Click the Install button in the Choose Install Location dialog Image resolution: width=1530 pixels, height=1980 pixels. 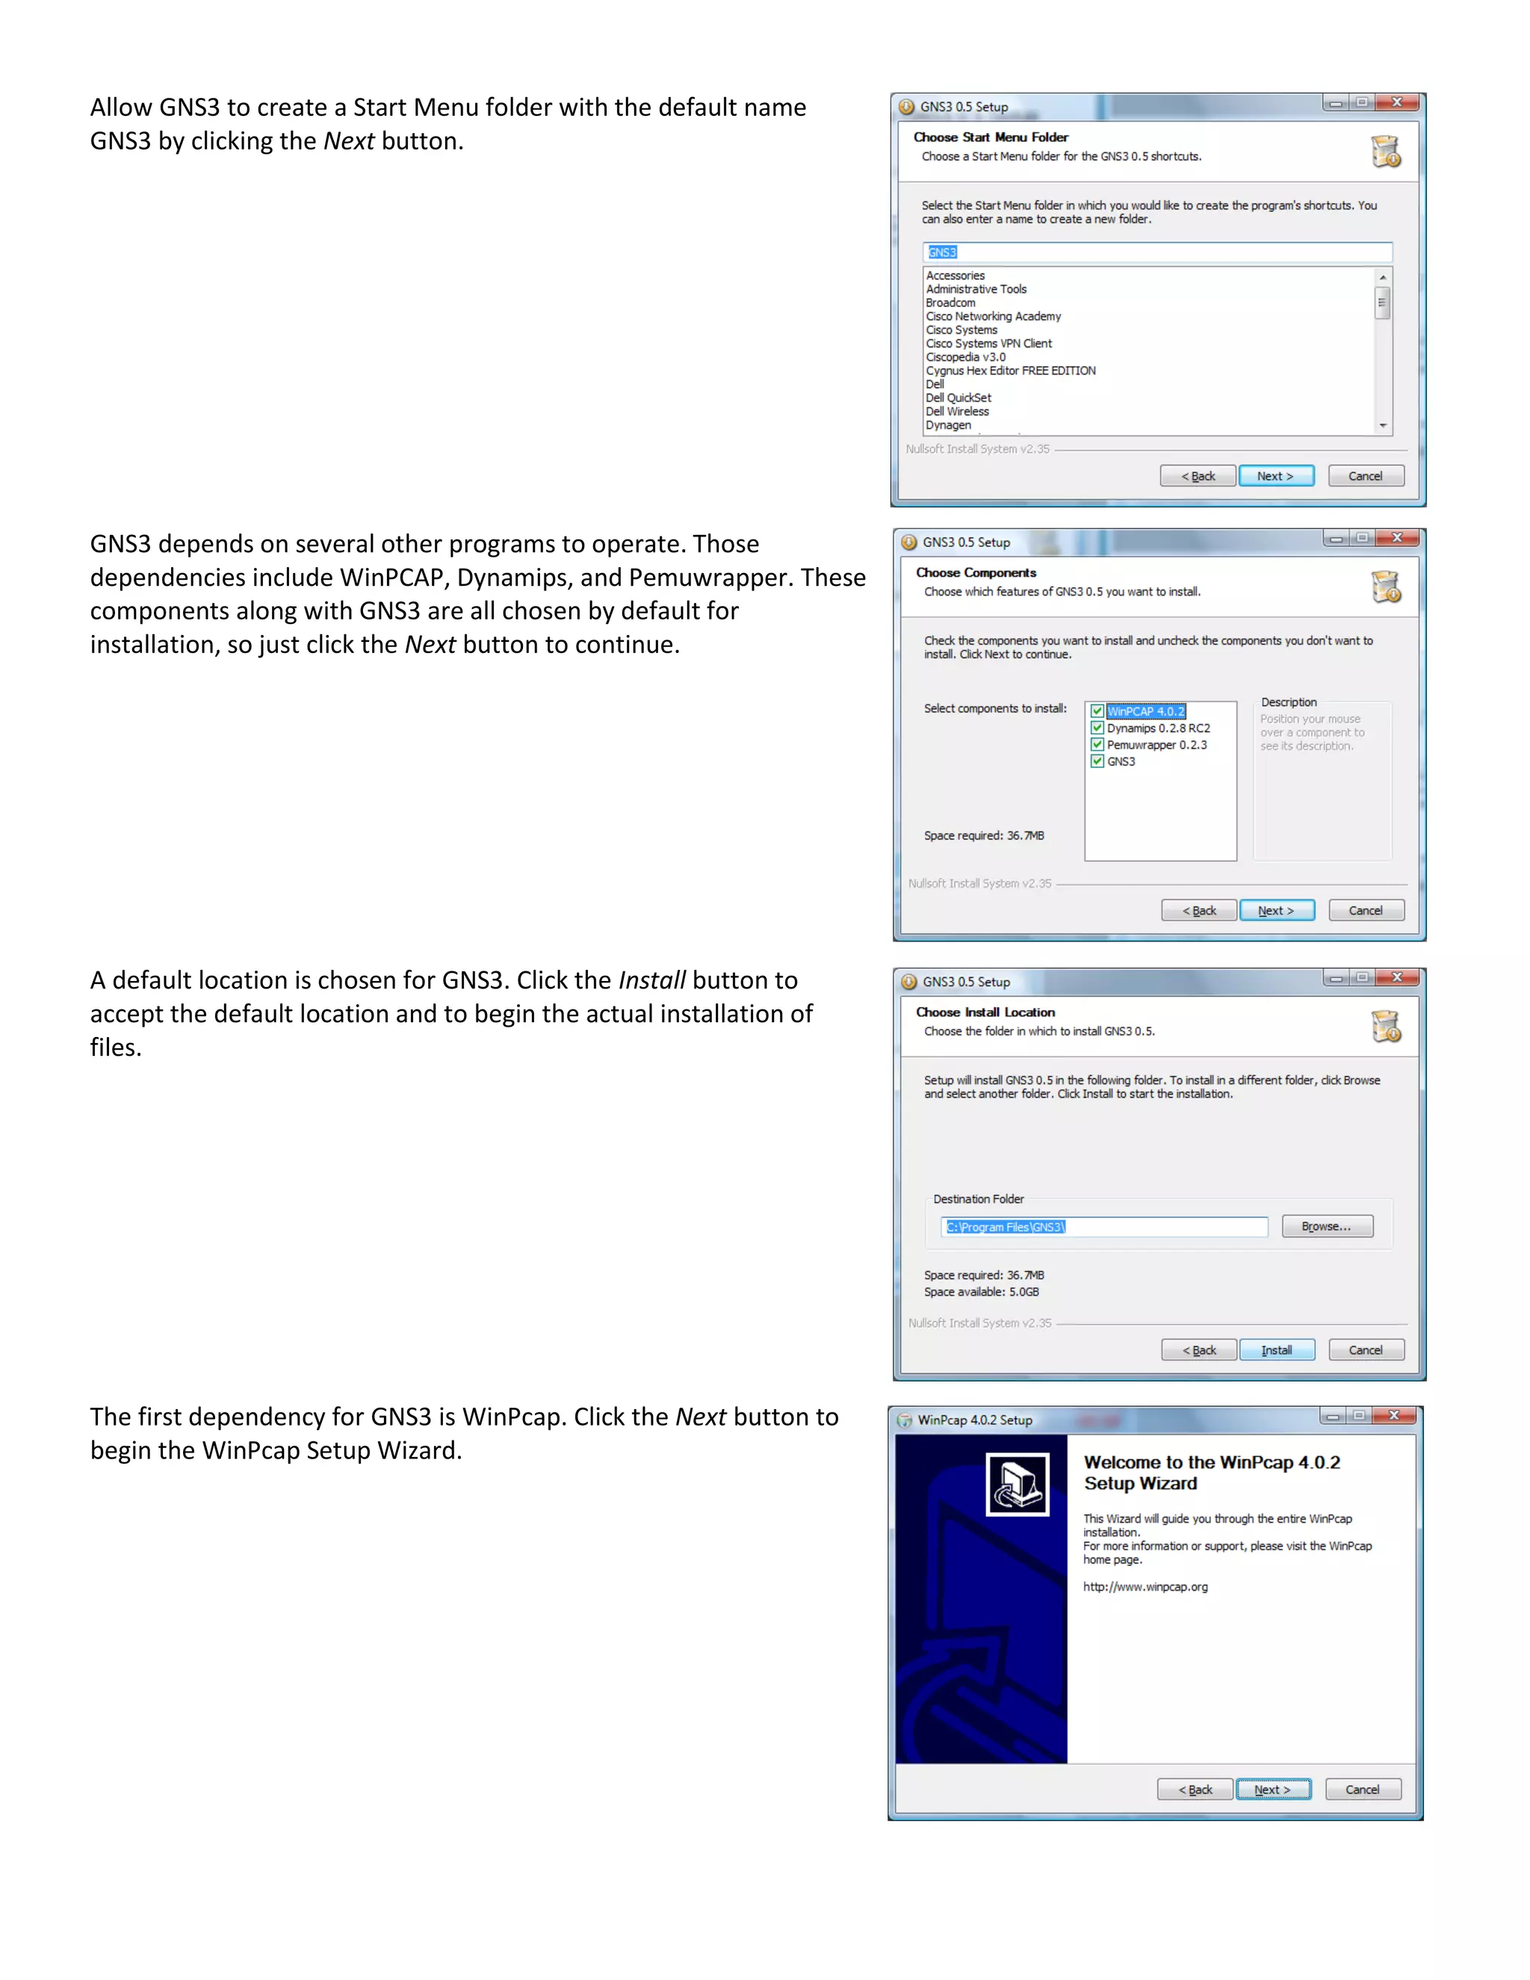click(x=1276, y=1350)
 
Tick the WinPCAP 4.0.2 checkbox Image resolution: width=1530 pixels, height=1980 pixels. click(x=1097, y=711)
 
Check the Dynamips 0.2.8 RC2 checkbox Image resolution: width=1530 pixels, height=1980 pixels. click(x=1097, y=728)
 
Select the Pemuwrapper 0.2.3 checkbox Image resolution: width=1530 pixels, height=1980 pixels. click(x=1097, y=744)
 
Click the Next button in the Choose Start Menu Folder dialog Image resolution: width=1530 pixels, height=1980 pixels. click(x=1275, y=476)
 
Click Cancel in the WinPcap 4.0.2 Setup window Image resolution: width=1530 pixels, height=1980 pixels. click(x=1363, y=1789)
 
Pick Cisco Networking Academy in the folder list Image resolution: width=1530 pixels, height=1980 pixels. click(x=993, y=316)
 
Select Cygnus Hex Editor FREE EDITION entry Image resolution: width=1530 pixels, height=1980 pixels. click(x=1010, y=371)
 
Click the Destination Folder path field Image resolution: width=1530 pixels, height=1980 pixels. click(x=1103, y=1227)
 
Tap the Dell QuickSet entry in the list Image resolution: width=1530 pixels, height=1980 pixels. click(x=958, y=398)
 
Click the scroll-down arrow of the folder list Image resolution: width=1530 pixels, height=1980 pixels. click(x=1383, y=425)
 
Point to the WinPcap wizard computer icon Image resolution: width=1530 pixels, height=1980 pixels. click(x=1017, y=1484)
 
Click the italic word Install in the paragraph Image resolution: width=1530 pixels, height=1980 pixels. click(x=651, y=980)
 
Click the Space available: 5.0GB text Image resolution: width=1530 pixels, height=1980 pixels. click(x=981, y=1292)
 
